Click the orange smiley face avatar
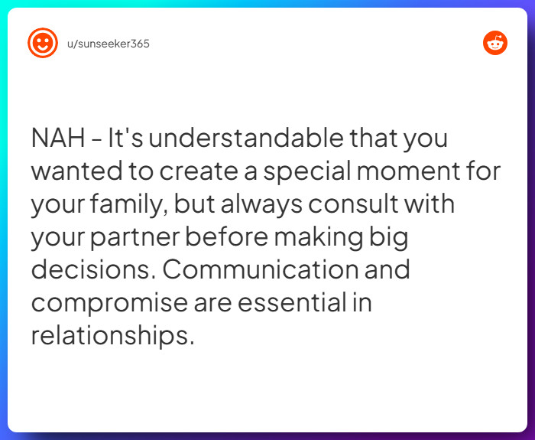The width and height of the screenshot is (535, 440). (43, 43)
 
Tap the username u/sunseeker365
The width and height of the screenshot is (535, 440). (109, 44)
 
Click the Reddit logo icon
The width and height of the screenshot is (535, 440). (495, 43)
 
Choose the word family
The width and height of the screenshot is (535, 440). (131, 205)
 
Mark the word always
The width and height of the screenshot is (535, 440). (257, 204)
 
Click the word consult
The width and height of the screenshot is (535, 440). (364, 204)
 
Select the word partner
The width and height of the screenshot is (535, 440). (135, 238)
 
